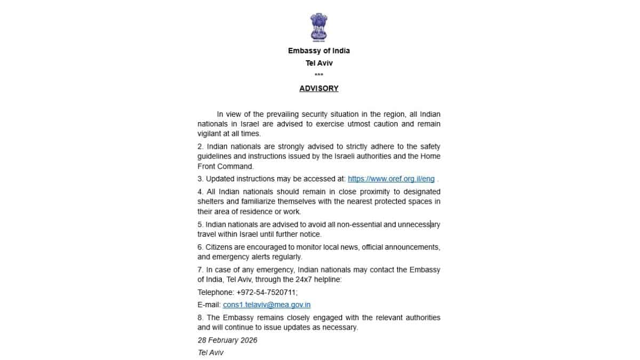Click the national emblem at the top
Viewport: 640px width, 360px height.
(319, 27)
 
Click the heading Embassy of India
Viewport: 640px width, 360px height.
(319, 51)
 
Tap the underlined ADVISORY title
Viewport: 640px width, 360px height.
(319, 89)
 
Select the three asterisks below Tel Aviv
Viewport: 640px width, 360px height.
(319, 75)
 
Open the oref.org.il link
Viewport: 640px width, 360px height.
(391, 179)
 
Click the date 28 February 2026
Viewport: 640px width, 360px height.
(227, 340)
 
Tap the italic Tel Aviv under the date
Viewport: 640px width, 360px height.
(211, 353)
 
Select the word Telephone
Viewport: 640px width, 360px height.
(215, 292)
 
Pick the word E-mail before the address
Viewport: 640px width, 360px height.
(209, 305)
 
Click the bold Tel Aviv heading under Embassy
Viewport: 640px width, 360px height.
(319, 63)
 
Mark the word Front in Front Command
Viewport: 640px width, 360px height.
(207, 166)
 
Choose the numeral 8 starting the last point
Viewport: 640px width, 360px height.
(199, 317)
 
